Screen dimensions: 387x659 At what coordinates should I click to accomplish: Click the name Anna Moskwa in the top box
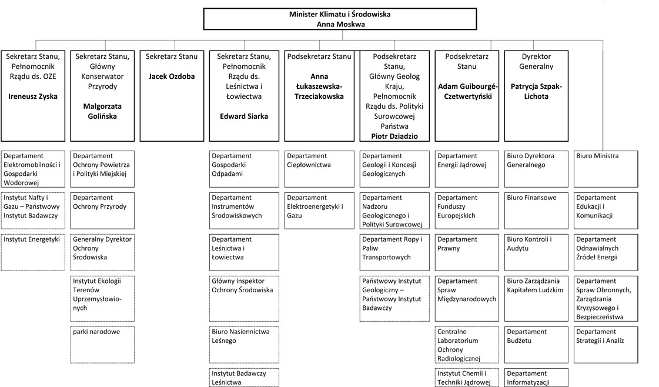point(340,24)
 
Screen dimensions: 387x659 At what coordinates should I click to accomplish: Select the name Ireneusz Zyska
point(32,96)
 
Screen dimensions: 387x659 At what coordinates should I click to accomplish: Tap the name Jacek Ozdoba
point(171,76)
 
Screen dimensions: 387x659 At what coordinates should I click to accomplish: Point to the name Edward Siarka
point(243,116)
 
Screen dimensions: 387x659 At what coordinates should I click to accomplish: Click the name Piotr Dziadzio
point(394,136)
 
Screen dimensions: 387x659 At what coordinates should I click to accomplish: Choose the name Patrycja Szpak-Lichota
point(537,91)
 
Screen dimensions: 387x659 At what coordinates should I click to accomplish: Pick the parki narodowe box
point(102,344)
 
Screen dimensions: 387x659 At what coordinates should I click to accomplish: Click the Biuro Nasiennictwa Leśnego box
point(243,344)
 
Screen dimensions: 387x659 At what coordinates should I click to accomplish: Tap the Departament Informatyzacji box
point(536,378)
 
